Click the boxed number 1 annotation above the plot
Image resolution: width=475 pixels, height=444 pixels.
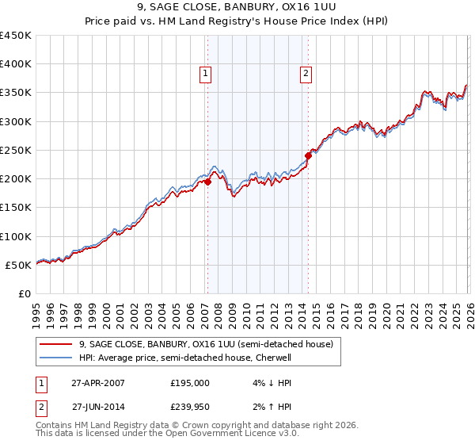(x=206, y=75)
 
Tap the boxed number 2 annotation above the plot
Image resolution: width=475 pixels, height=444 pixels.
(x=306, y=75)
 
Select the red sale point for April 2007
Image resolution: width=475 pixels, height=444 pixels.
(x=207, y=182)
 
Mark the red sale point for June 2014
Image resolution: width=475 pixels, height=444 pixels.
(x=308, y=156)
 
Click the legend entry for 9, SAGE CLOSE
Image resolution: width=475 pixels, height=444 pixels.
(x=206, y=344)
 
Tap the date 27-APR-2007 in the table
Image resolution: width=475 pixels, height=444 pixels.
(x=97, y=382)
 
